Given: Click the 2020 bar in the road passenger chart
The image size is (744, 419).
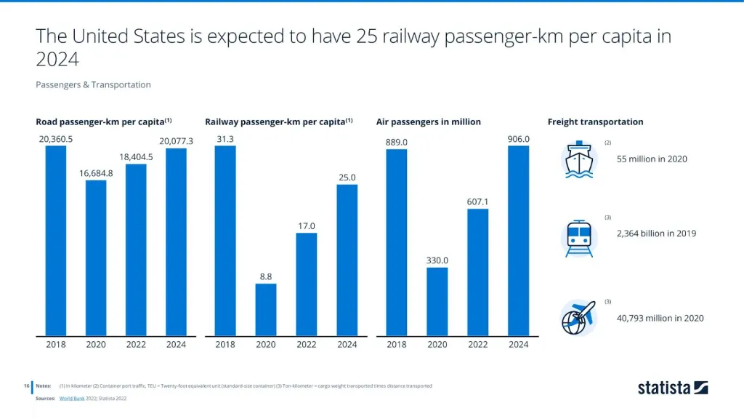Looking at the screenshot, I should (x=96, y=258).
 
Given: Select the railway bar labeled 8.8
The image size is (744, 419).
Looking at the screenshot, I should (x=266, y=310).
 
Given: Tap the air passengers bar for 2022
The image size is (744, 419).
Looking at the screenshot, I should (x=477, y=273).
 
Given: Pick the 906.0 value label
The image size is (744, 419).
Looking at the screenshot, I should (x=518, y=139).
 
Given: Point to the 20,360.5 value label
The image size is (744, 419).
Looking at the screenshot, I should (x=55, y=139).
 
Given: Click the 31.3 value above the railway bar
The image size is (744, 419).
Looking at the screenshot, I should (x=225, y=139).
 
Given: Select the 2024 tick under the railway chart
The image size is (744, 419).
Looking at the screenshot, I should (x=347, y=345).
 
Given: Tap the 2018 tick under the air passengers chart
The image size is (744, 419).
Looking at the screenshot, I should (x=396, y=345).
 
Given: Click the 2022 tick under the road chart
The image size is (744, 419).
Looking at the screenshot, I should (x=136, y=345).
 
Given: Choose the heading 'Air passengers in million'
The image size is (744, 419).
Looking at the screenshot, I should (x=428, y=121).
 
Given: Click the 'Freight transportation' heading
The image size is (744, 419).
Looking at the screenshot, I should (x=595, y=121).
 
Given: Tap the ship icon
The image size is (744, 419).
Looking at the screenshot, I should (x=579, y=160).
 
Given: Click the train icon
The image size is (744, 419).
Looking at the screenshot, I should (x=579, y=237).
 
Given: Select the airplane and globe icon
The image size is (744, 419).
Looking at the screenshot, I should (x=578, y=317).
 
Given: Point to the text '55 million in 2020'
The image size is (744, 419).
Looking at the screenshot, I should (x=652, y=159).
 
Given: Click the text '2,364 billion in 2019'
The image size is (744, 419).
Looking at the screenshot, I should (x=656, y=234).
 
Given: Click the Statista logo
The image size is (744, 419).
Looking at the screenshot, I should (x=672, y=388).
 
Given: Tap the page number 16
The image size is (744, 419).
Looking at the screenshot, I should (x=25, y=386).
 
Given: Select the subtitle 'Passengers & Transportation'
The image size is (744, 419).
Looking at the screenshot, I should (x=93, y=85).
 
